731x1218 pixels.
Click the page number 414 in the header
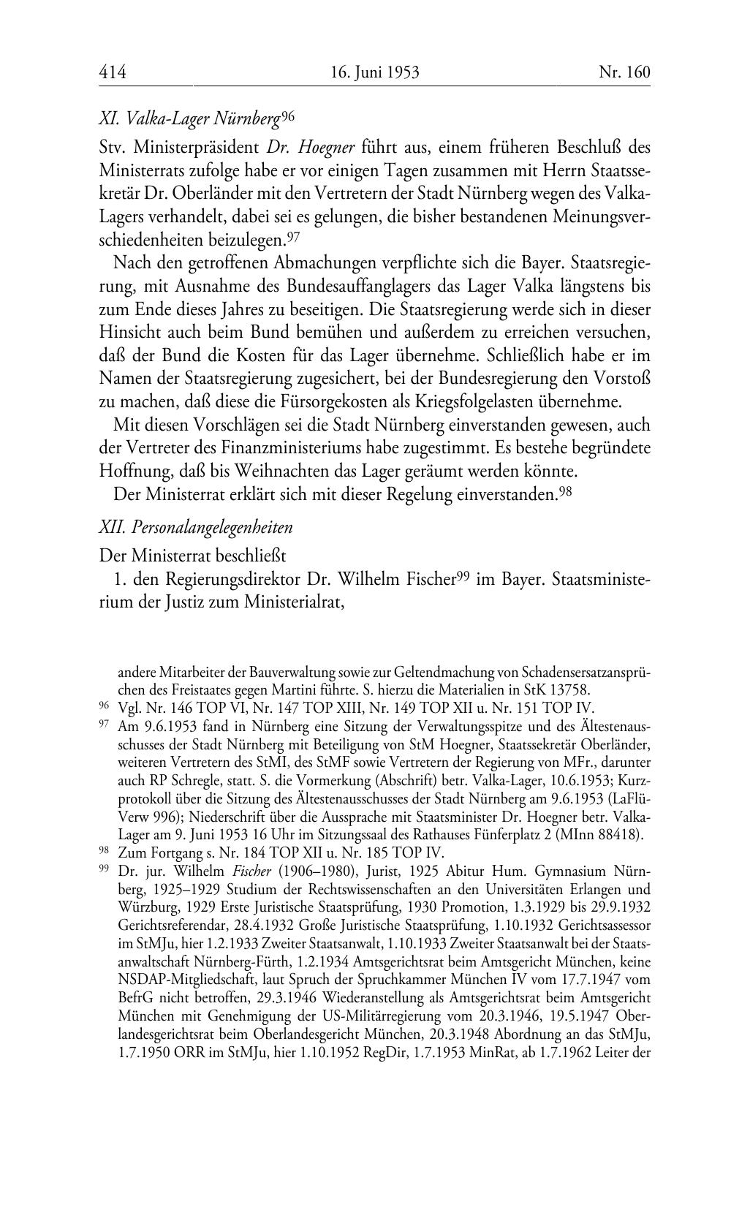click(113, 72)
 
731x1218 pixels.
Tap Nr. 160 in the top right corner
click(624, 72)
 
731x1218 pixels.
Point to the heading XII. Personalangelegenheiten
click(195, 527)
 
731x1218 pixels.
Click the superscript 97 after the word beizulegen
click(293, 236)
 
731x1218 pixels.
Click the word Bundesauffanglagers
click(346, 285)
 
